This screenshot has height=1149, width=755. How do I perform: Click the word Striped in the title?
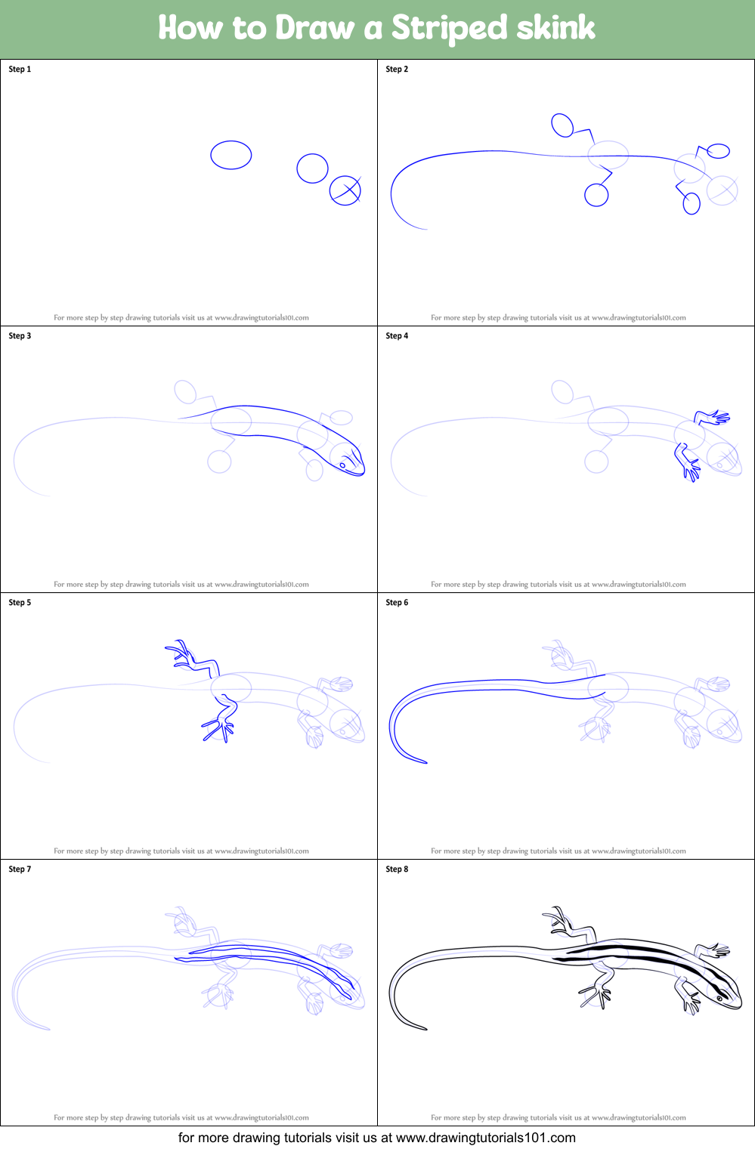pyautogui.click(x=450, y=29)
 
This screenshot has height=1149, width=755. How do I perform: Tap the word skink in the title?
pyautogui.click(x=555, y=28)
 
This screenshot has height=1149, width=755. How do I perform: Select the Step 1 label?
pyautogui.click(x=20, y=69)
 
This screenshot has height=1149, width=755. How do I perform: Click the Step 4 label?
pyautogui.click(x=397, y=336)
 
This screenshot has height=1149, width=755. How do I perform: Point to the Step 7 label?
pyautogui.click(x=20, y=869)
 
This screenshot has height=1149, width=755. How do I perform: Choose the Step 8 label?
pyautogui.click(x=397, y=869)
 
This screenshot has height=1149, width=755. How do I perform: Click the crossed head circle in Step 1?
pyautogui.click(x=345, y=190)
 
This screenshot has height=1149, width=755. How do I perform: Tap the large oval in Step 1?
pyautogui.click(x=231, y=156)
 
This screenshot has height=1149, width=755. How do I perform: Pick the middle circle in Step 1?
pyautogui.click(x=312, y=168)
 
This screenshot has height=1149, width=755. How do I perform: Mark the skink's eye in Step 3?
pyautogui.click(x=342, y=465)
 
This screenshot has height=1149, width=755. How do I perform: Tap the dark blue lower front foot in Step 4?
pyautogui.click(x=690, y=468)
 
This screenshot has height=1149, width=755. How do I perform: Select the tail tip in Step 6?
pyautogui.click(x=425, y=762)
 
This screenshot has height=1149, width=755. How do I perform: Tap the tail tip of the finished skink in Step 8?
pyautogui.click(x=425, y=1028)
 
